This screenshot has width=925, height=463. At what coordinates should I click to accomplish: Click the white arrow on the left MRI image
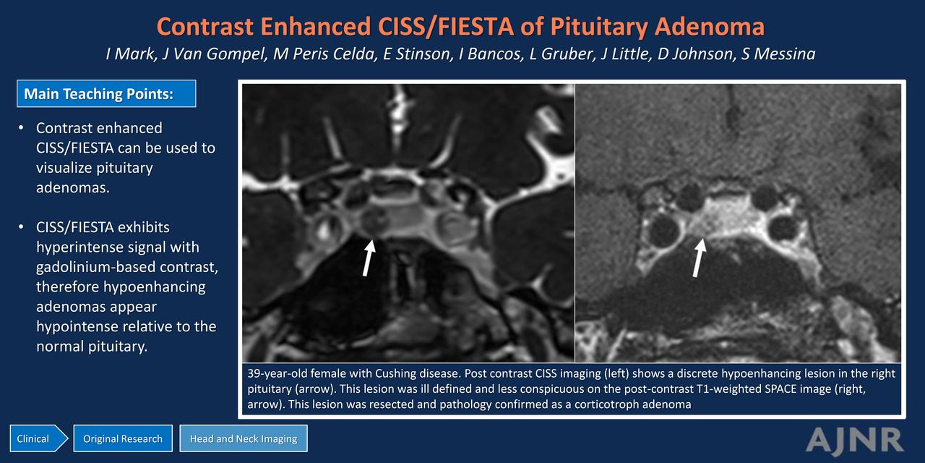369,258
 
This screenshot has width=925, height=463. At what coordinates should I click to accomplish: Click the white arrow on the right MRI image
699,258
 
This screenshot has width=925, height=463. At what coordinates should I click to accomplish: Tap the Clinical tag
38,438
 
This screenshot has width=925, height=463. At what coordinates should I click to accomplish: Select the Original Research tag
123,438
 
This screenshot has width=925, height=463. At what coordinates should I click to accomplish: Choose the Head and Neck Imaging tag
244,438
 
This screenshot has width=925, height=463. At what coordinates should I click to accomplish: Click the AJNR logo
854,441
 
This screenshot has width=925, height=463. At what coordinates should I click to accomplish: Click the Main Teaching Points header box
106,93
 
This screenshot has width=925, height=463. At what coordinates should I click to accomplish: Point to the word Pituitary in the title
599,27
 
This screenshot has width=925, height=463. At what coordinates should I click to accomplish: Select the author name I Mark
131,54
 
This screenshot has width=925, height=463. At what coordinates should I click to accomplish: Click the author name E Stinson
418,54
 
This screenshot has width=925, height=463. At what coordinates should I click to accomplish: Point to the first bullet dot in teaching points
21,128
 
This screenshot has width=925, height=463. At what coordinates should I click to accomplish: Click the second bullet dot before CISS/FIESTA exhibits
21,227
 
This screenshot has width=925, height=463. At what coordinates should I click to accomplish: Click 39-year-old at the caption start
277,374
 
